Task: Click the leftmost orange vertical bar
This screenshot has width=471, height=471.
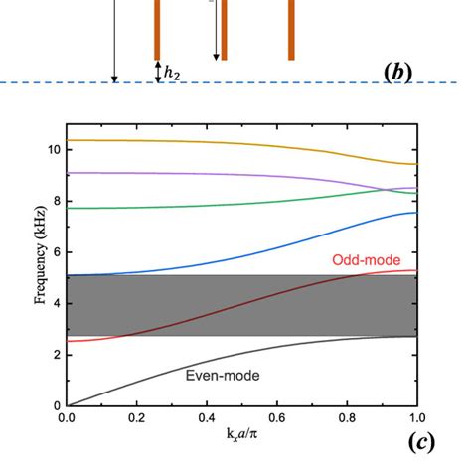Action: tap(157, 30)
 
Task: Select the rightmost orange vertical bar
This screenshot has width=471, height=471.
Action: tap(291, 30)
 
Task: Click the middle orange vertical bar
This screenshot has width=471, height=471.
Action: tap(224, 30)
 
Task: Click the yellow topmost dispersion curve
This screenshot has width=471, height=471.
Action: tap(199, 142)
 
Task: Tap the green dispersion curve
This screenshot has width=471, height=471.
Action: tap(199, 205)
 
